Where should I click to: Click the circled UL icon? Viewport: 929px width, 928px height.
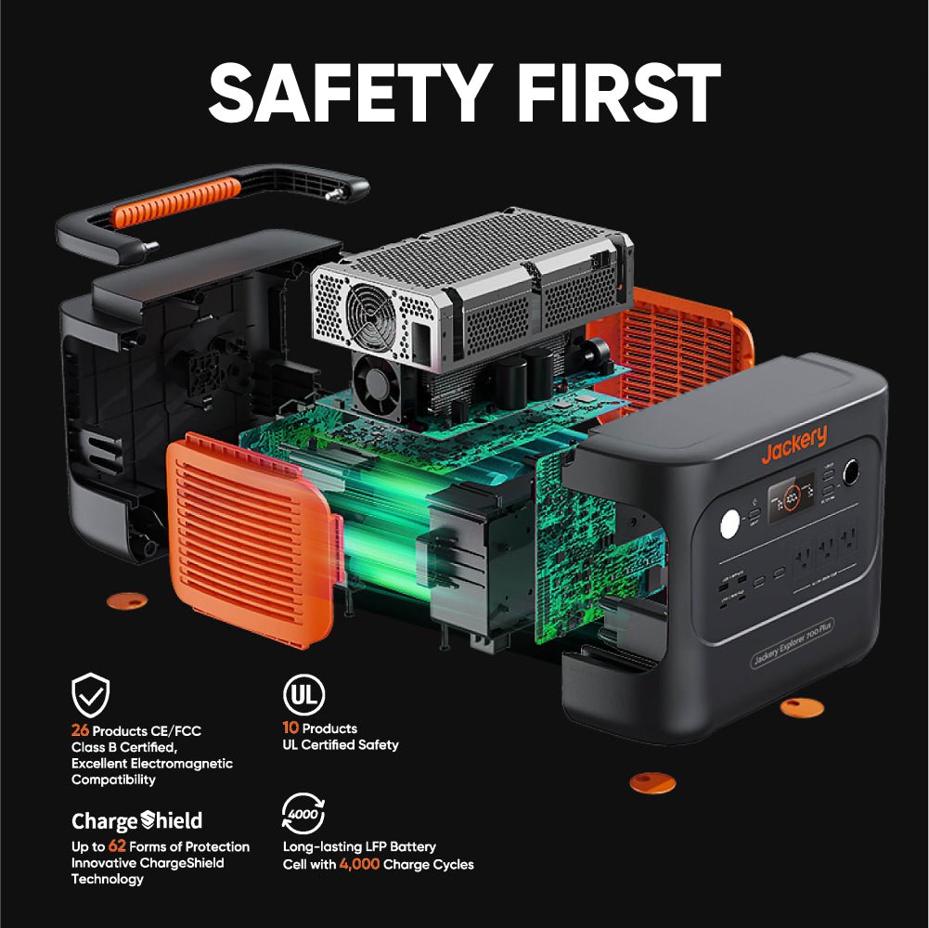coord(303,695)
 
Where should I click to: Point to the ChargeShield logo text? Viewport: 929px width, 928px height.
coord(136,820)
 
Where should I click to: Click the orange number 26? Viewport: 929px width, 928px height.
coord(80,730)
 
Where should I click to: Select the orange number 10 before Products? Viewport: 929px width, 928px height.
coord(290,728)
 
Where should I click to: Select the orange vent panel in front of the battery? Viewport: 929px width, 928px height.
coord(249,538)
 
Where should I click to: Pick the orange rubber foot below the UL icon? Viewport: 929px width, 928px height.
coord(652,782)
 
